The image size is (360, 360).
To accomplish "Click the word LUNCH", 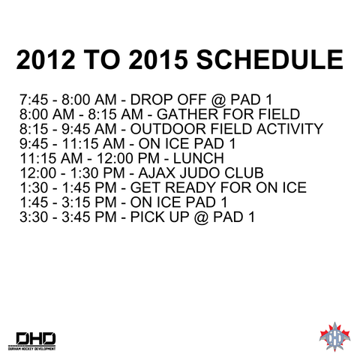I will (196, 158).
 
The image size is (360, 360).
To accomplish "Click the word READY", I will (191, 188).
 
